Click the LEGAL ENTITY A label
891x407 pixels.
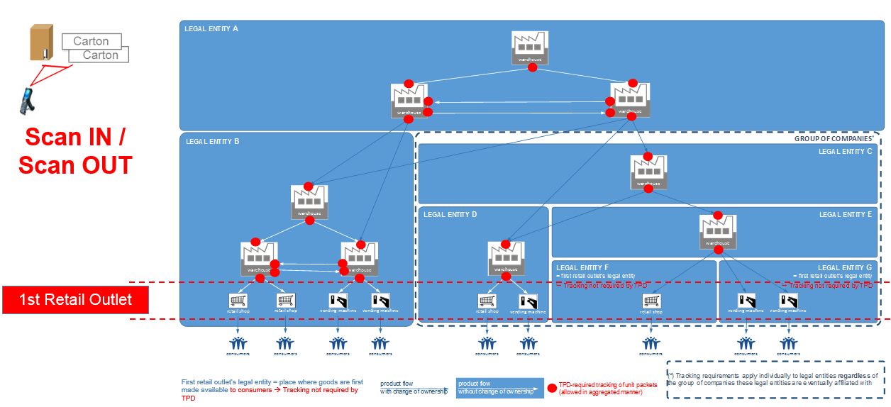[211, 29]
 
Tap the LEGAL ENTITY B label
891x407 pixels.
[212, 141]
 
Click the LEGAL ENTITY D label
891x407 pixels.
[450, 214]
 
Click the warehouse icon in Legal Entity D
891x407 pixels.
[506, 258]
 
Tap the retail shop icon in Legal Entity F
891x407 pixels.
[651, 303]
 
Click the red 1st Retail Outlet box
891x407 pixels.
[75, 299]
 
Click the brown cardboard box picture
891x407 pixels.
[41, 43]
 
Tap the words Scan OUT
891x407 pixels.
[75, 165]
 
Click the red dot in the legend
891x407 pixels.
[551, 388]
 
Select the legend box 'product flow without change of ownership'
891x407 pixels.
[499, 387]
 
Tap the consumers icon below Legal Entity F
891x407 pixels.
[651, 345]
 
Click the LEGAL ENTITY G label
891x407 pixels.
[844, 267]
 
